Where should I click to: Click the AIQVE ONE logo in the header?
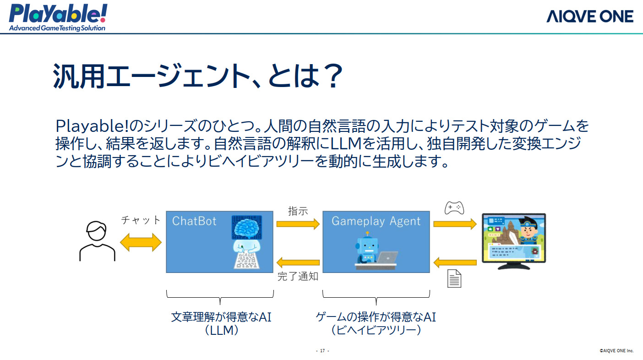pyautogui.click(x=590, y=16)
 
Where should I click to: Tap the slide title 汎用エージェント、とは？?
pyautogui.click(x=198, y=76)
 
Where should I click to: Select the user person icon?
pyautogui.click(x=97, y=241)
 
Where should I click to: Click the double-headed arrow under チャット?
pyautogui.click(x=141, y=242)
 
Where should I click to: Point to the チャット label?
pyautogui.click(x=141, y=220)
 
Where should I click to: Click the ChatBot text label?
pyautogui.click(x=194, y=221)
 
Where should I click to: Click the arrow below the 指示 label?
pyautogui.click(x=298, y=224)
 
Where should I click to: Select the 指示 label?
pyautogui.click(x=298, y=211)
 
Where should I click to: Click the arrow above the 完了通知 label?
pyautogui.click(x=298, y=262)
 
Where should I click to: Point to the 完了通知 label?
pyautogui.click(x=298, y=276)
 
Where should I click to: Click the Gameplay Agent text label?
pyautogui.click(x=376, y=221)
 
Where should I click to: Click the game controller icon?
pyautogui.click(x=454, y=208)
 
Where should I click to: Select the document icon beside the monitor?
pyautogui.click(x=454, y=278)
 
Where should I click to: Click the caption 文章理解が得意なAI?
pyautogui.click(x=221, y=317)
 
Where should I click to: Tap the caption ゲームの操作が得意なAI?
pyautogui.click(x=376, y=317)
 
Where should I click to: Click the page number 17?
pyautogui.click(x=322, y=350)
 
